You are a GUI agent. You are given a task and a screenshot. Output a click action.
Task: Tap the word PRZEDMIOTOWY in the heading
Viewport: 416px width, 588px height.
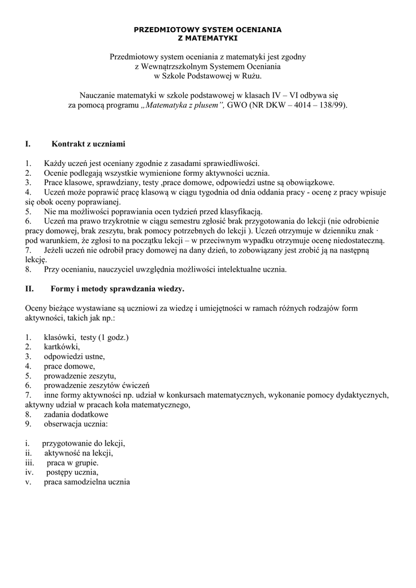click(x=165, y=29)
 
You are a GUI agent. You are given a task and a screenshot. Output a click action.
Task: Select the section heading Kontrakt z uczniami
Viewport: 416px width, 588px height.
click(x=88, y=144)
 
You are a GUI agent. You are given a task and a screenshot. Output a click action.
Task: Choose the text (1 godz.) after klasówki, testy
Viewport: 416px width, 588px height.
click(x=113, y=337)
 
